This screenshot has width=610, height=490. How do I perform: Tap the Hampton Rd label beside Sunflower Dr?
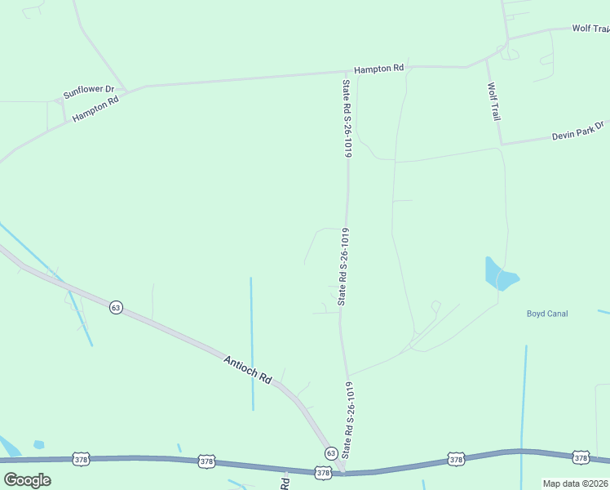(95, 109)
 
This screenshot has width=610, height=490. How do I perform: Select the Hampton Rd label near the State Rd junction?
(378, 69)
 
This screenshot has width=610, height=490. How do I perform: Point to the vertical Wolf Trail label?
(493, 102)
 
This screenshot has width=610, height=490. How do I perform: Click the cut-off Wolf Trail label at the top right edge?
(590, 29)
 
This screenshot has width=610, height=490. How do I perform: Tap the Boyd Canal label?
(547, 314)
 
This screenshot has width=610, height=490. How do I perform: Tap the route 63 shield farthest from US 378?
(117, 307)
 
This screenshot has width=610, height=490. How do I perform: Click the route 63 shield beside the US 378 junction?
(330, 452)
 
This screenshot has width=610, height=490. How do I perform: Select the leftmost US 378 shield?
(80, 459)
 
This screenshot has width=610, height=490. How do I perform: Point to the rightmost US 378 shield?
(581, 459)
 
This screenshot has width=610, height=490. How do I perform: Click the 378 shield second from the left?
(206, 462)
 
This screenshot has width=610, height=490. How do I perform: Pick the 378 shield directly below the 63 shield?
(323, 472)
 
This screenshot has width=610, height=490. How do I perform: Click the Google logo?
(28, 479)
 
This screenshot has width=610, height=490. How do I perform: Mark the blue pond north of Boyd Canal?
(500, 274)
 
